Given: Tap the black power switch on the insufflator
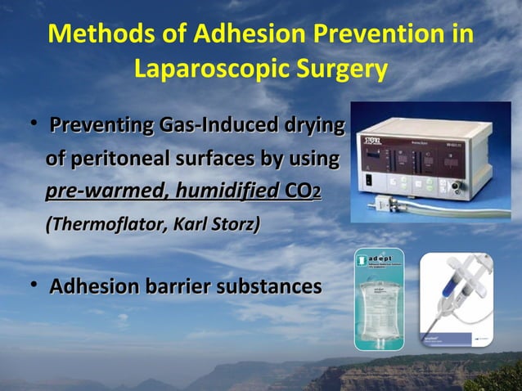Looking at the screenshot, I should (x=370, y=182).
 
